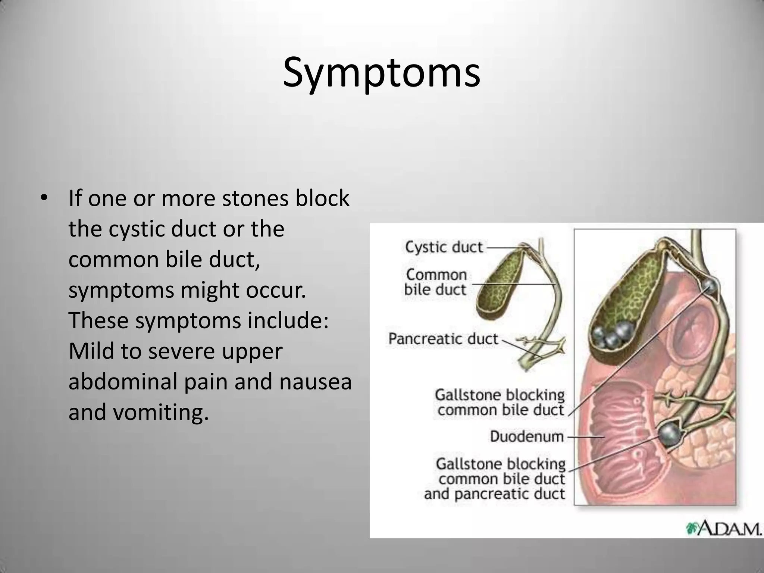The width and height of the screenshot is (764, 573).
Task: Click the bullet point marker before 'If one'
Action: [44, 198]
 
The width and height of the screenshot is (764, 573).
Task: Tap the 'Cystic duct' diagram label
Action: [444, 247]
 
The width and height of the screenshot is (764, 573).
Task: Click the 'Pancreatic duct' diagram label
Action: [443, 339]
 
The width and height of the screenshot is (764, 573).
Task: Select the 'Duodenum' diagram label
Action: [526, 436]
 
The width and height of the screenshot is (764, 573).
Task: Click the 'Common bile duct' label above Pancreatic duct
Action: [436, 282]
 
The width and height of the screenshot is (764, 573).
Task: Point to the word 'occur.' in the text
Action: [276, 290]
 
